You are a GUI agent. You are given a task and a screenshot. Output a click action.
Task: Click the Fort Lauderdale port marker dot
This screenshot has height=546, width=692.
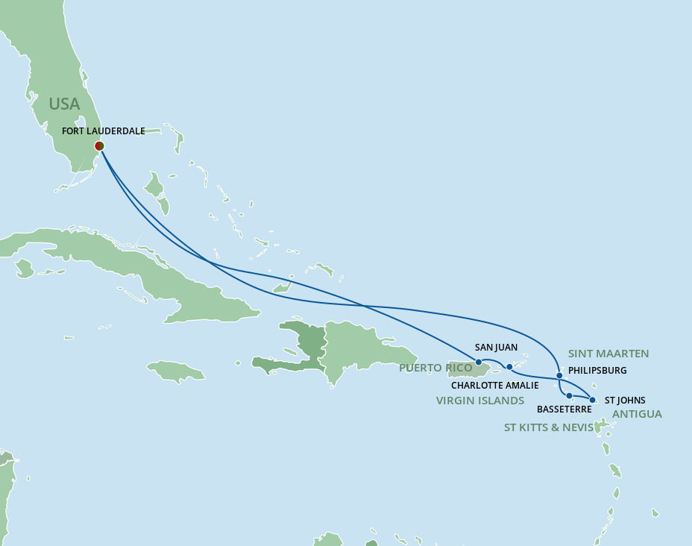99,146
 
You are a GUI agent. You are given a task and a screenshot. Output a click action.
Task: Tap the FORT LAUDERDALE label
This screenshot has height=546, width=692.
104,131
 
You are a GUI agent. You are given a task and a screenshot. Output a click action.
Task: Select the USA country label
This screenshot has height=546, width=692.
64,104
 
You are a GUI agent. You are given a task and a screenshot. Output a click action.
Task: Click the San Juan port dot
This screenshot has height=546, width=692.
478,362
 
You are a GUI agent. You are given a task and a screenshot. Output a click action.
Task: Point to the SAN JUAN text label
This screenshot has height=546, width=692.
496,348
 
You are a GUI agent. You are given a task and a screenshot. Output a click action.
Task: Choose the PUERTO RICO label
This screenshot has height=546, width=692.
435,368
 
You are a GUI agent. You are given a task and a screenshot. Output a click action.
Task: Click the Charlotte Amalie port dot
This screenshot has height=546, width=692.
509,367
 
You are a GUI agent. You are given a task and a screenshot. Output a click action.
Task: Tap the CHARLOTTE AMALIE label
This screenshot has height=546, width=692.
494,386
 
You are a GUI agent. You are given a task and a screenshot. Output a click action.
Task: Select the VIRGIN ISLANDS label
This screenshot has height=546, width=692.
480,401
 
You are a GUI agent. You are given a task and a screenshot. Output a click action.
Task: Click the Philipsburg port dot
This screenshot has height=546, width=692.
559,375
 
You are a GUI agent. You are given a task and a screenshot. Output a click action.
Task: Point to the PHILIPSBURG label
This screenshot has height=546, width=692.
597,371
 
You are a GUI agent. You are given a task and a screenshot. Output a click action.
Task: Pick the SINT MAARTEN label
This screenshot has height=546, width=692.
608,354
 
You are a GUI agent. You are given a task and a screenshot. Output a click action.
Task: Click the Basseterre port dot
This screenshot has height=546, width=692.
569,395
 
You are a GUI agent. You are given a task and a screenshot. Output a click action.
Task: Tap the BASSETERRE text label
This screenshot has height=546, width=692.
564,409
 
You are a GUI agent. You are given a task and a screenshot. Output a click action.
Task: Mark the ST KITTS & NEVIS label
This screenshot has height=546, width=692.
549,427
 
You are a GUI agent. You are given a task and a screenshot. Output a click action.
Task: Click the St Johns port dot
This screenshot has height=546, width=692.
592,401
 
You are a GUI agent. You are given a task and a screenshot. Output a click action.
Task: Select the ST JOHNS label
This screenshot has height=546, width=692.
625,401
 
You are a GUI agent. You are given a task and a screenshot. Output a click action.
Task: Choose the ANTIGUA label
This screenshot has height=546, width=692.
637,414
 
